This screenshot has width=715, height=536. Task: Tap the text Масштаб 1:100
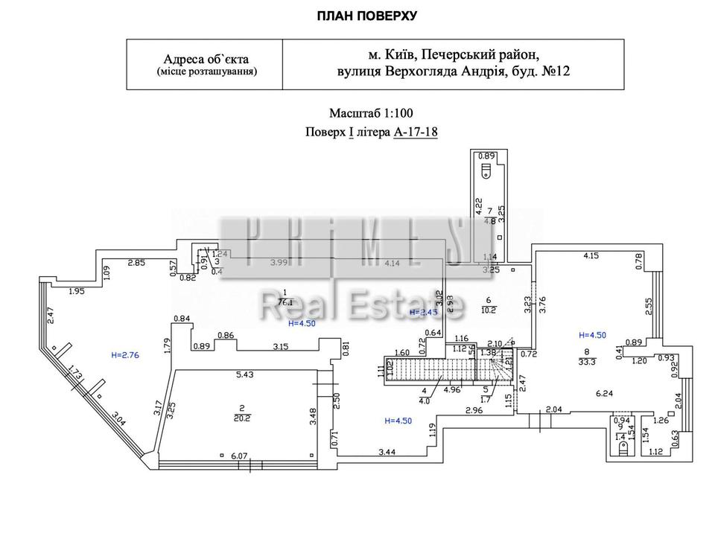(x=371, y=113)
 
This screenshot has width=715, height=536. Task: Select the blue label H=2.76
(x=124, y=356)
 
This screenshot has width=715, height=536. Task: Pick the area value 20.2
(x=241, y=418)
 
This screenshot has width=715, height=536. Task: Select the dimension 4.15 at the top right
(x=592, y=256)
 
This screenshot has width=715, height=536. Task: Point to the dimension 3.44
(x=387, y=451)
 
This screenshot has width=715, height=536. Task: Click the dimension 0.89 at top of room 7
(x=486, y=156)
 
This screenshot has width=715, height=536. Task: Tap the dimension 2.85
(x=136, y=262)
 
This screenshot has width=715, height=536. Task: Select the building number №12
(x=555, y=71)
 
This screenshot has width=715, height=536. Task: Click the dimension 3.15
(x=280, y=346)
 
